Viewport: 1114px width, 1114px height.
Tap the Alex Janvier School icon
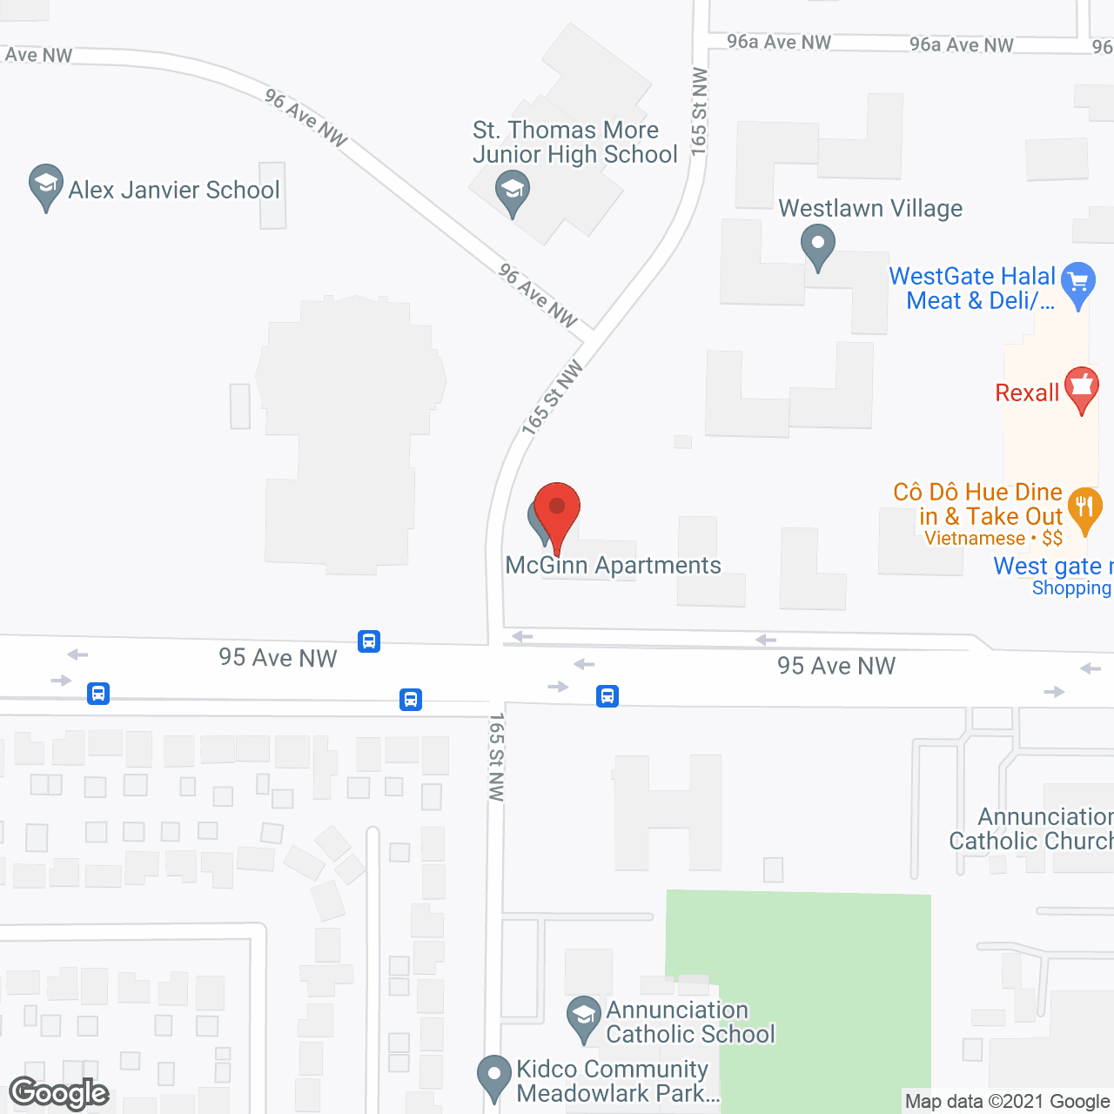tap(45, 185)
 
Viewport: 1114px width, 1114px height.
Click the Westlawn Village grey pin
tap(818, 245)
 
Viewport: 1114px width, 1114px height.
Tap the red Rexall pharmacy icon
tap(1082, 387)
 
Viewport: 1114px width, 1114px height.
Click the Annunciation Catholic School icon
tap(583, 1017)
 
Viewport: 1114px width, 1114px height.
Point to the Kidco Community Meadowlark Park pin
tap(494, 1076)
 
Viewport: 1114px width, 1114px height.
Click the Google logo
tap(59, 1093)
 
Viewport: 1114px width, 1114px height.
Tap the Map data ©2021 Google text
tap(1008, 1102)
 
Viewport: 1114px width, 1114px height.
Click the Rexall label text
tap(1027, 393)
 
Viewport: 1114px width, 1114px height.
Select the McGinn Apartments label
tap(614, 566)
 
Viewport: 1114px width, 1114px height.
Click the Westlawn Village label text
tap(870, 209)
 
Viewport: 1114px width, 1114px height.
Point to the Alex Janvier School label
tap(174, 190)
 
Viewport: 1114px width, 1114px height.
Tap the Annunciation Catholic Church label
tap(1031, 829)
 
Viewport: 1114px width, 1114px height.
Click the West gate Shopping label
tap(1053, 576)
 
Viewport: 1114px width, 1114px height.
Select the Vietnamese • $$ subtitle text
tap(993, 539)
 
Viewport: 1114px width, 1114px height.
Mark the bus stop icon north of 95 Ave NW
tap(369, 642)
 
